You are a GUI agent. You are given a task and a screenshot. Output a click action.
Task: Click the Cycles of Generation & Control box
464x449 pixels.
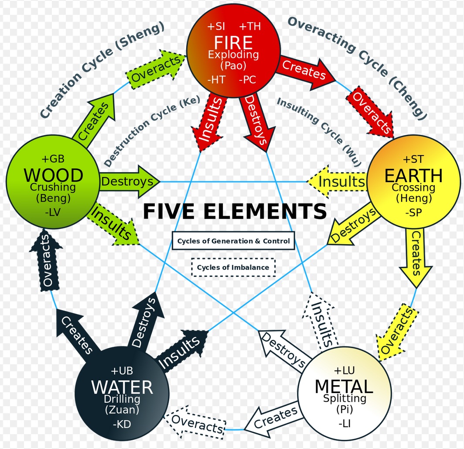click(233, 241)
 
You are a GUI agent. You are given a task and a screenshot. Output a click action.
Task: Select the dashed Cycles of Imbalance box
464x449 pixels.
click(233, 267)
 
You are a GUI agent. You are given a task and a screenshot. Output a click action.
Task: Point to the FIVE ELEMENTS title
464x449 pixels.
click(235, 212)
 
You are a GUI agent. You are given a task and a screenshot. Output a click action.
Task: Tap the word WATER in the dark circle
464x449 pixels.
click(122, 387)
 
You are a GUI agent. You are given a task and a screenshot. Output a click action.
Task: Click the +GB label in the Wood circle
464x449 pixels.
click(53, 159)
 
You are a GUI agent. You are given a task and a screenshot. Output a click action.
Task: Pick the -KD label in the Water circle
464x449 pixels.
click(122, 424)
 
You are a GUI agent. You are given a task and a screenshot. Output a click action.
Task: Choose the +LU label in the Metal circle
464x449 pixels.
click(344, 370)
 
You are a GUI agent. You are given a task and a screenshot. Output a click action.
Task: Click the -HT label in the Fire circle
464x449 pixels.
click(216, 80)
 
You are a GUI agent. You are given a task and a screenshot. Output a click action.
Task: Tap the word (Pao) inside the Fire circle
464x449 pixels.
click(233, 66)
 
